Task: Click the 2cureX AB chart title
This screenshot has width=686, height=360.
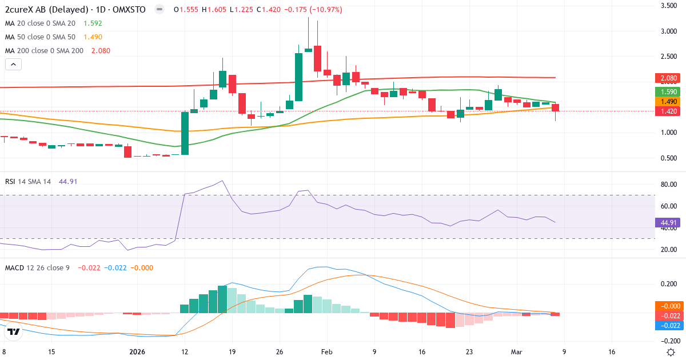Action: click(74, 10)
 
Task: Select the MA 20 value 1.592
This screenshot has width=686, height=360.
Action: click(93, 23)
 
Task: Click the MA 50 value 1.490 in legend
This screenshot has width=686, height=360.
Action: click(93, 37)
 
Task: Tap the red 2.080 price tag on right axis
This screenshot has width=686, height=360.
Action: click(667, 78)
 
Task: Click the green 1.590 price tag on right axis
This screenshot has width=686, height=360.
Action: click(667, 91)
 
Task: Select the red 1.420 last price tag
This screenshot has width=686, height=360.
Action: click(667, 111)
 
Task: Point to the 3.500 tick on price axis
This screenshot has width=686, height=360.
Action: click(669, 6)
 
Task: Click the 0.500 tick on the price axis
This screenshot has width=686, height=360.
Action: click(669, 158)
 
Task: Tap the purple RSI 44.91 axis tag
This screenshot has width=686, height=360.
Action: click(667, 223)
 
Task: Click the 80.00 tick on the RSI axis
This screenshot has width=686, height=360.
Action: click(669, 185)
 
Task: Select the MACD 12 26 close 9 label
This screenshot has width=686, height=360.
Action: click(37, 267)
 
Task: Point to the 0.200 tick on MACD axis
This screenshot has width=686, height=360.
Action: click(669, 283)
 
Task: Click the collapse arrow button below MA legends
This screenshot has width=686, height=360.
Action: click(13, 65)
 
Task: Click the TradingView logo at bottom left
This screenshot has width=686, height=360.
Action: click(14, 331)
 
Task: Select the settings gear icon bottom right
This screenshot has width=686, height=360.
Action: click(672, 352)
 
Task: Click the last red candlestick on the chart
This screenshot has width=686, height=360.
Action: click(555, 108)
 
